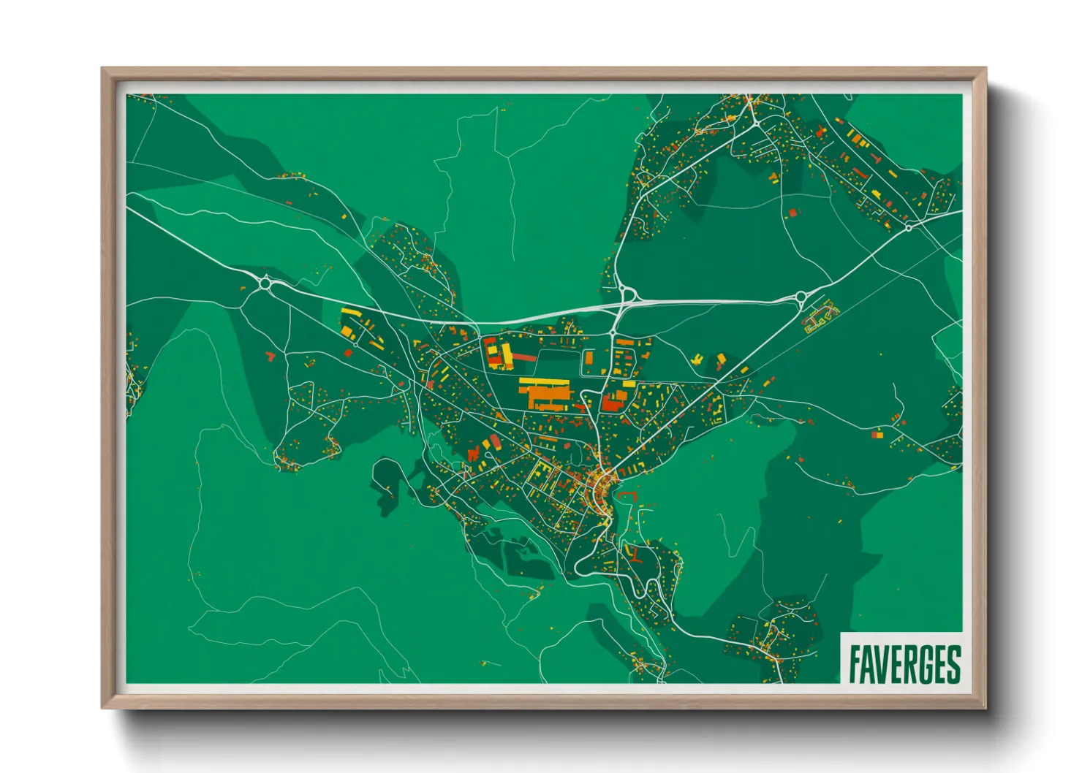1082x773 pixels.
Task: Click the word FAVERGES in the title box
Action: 904,664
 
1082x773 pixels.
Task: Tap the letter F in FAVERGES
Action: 855,664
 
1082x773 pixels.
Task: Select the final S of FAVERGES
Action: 953,664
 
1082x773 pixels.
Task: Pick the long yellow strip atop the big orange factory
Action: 544,381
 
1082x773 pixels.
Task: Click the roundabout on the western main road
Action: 265,282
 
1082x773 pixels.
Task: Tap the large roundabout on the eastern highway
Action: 801,297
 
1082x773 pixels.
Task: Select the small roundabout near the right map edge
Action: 909,227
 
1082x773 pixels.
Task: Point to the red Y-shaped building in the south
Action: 636,555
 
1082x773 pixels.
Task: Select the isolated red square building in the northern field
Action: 793,213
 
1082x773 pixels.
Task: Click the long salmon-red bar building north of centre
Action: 523,357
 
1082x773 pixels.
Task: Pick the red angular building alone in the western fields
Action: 270,356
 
